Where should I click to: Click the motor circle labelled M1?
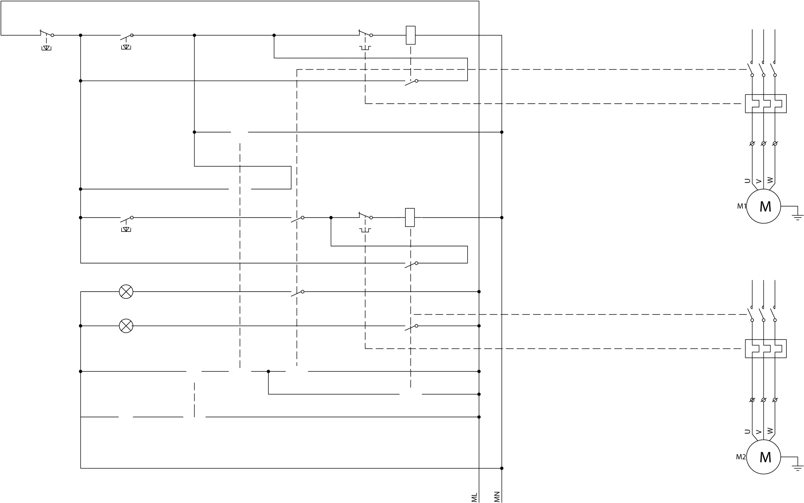[x=763, y=206]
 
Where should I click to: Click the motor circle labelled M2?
[x=763, y=457]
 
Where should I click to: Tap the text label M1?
[x=742, y=206]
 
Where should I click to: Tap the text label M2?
[x=741, y=457]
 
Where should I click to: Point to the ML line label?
[x=474, y=497]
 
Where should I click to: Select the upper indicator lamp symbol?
[x=126, y=292]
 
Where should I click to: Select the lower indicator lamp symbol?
[x=126, y=326]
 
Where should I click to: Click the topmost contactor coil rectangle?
[x=411, y=35]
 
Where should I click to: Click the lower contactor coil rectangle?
[x=410, y=217]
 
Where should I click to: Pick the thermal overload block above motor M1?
[x=766, y=104]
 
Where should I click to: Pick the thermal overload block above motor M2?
[x=766, y=349]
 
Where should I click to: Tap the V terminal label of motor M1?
[x=759, y=182]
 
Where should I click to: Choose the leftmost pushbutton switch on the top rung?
[x=47, y=35]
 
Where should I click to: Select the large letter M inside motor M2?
[x=765, y=458]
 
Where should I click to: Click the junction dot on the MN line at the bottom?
[x=502, y=468]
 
